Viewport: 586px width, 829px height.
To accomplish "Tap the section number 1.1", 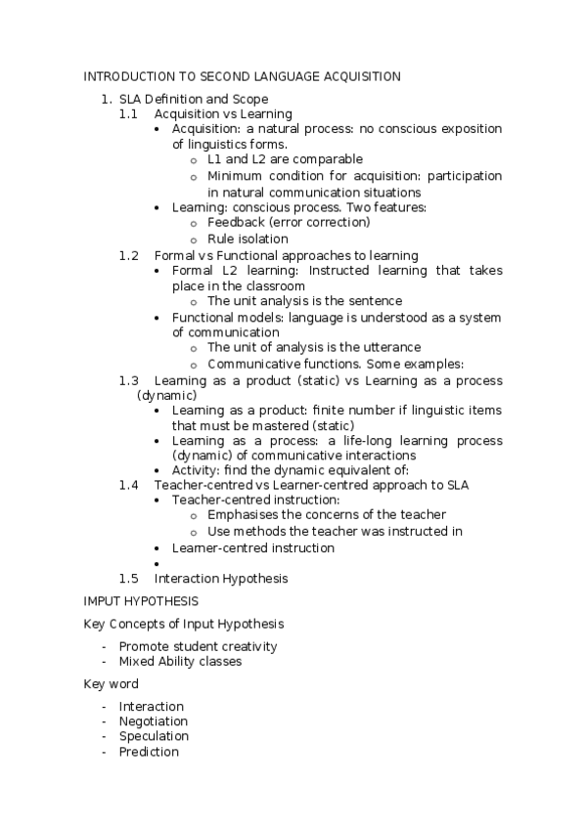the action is [x=129, y=113].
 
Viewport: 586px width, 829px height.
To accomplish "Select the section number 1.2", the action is [x=129, y=255].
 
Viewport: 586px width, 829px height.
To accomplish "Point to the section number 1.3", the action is [x=129, y=379].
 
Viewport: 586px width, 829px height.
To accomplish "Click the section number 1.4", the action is [x=129, y=485].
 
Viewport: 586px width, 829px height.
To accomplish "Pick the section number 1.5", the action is [x=129, y=578].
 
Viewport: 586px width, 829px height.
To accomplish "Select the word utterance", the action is [x=390, y=347].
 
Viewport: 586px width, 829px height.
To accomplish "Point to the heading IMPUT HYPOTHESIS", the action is [x=141, y=600].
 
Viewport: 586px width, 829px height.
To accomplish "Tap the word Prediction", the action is [x=149, y=752].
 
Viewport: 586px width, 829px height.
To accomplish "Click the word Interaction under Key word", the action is [x=151, y=706].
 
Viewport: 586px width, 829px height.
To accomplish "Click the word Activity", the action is [x=195, y=470].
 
